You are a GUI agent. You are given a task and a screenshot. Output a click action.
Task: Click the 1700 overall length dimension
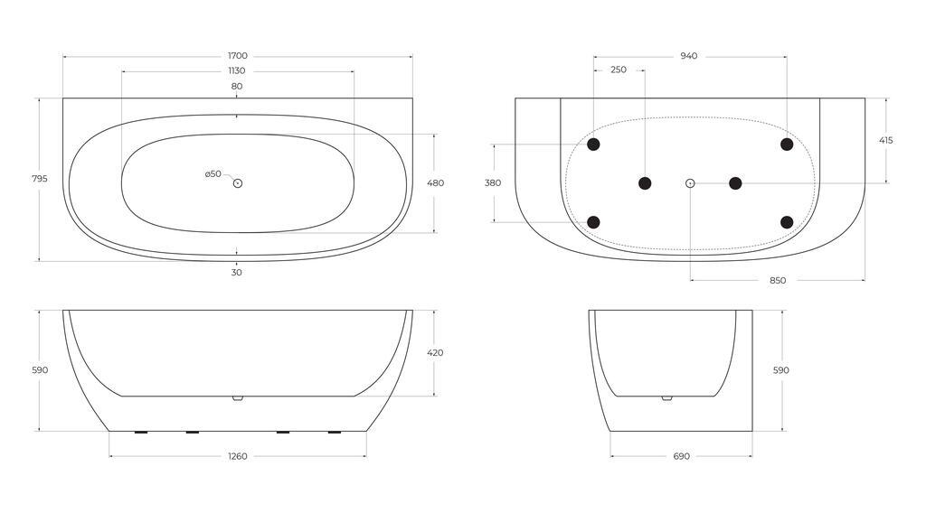tap(238, 56)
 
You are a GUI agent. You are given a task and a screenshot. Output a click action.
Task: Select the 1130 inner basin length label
tap(237, 70)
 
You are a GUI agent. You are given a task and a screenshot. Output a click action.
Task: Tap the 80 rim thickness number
tap(237, 86)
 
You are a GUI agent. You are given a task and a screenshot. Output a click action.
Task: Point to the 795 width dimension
tap(40, 179)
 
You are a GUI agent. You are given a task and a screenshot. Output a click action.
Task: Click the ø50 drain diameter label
tap(213, 174)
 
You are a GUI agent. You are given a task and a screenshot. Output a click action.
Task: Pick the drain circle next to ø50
tap(238, 183)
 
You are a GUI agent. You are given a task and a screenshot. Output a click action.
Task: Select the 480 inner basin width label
tap(435, 183)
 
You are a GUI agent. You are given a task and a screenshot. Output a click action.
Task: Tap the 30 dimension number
tap(237, 273)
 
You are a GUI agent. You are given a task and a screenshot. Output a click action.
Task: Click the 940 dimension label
tap(688, 56)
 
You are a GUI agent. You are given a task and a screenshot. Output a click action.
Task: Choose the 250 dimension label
tap(619, 70)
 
